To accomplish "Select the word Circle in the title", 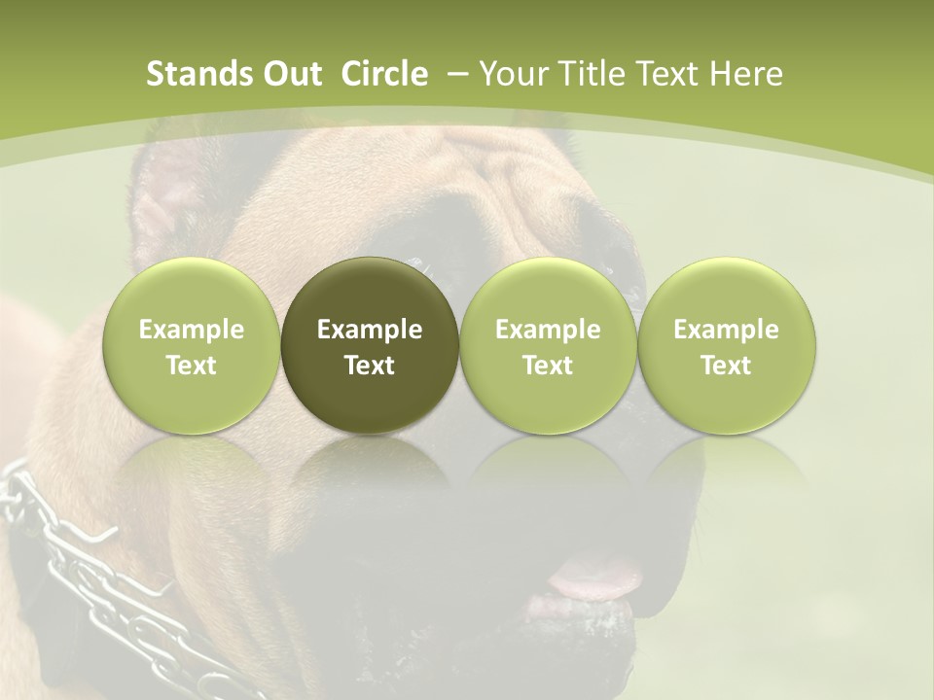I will (x=384, y=74).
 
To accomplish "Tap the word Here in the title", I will (x=744, y=74).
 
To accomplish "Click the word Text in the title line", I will (x=662, y=74).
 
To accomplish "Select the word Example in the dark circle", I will (x=370, y=330).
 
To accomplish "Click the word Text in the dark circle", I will (x=370, y=366).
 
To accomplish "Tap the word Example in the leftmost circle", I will (x=192, y=330).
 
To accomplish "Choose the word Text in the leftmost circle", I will (x=192, y=366).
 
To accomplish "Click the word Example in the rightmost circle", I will (x=727, y=330).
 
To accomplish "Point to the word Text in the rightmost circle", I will (x=727, y=366).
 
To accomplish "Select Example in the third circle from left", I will (x=548, y=330).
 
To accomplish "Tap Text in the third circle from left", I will (x=548, y=366).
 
